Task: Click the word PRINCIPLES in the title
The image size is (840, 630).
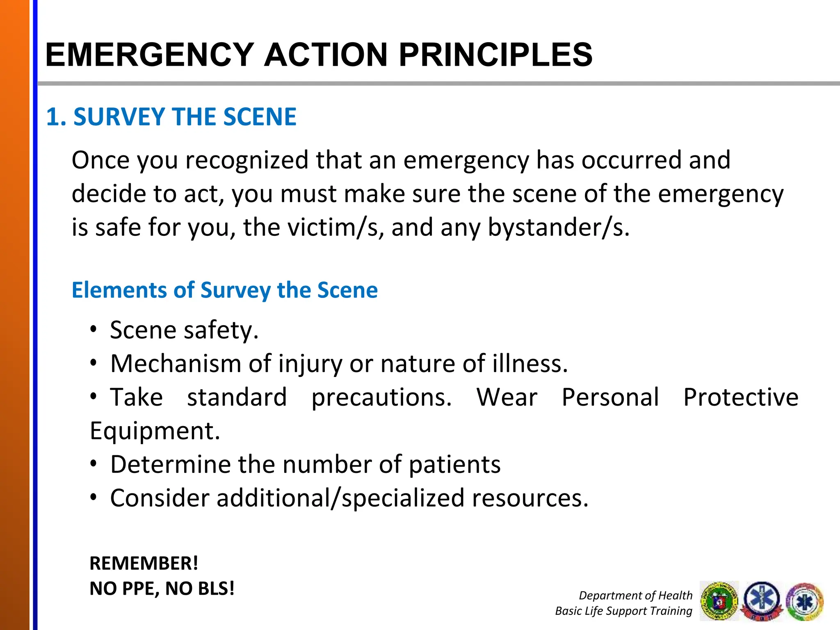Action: tap(495, 55)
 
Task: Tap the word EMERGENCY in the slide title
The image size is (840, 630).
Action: tap(149, 55)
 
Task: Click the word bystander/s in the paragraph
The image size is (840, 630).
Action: tap(558, 227)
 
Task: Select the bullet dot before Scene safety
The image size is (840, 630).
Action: tap(94, 329)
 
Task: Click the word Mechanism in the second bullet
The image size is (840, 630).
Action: tap(176, 363)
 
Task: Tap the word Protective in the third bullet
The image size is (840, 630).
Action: tap(741, 397)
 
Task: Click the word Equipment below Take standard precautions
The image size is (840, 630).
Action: tap(155, 431)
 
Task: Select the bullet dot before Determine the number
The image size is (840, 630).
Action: tap(94, 464)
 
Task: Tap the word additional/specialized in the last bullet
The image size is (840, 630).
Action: tap(340, 498)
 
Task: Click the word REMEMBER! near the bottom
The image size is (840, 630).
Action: tap(144, 563)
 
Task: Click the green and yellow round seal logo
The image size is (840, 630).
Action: tap(719, 601)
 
